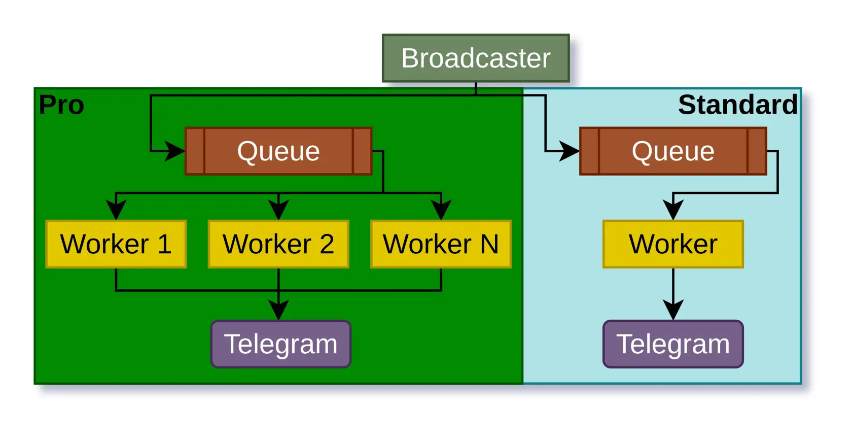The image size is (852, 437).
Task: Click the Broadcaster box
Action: [476, 58]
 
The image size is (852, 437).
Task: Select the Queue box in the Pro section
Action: [278, 151]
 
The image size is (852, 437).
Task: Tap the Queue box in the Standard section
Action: [673, 151]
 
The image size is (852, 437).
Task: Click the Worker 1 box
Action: [116, 244]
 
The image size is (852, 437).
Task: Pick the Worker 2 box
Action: [278, 244]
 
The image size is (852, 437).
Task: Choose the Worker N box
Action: [441, 244]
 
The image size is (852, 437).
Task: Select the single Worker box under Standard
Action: [673, 244]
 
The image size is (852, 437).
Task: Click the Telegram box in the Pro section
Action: [280, 344]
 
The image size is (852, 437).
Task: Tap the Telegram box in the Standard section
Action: [673, 344]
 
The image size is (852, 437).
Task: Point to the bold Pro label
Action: [61, 105]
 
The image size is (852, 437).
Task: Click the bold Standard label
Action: [737, 105]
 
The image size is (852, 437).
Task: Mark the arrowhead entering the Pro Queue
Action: [176, 151]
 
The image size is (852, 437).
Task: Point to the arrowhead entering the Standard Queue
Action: [570, 151]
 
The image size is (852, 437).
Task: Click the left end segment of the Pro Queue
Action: [195, 151]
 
